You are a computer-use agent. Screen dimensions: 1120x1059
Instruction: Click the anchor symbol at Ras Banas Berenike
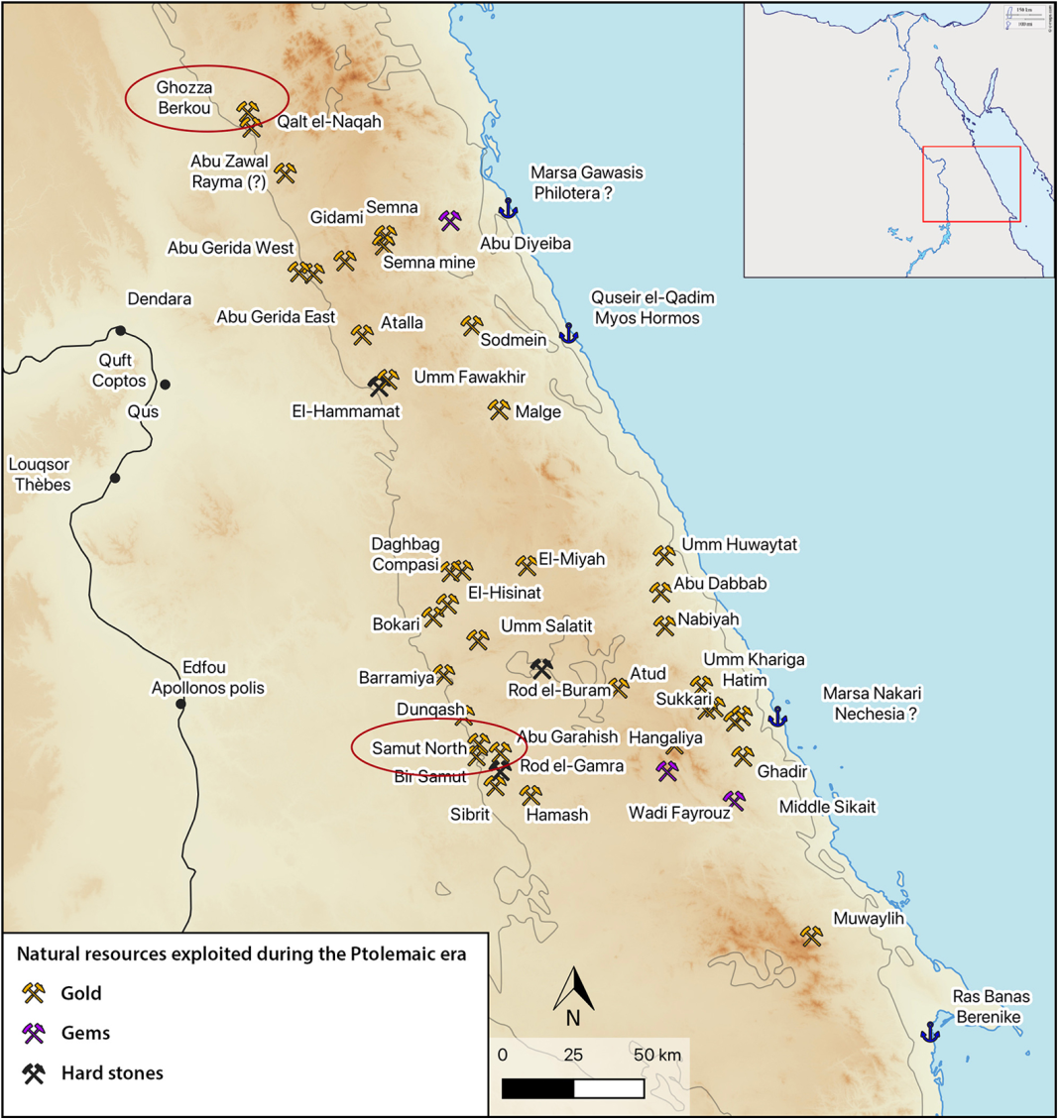(929, 1032)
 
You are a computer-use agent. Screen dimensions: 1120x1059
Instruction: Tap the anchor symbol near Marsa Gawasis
(508, 208)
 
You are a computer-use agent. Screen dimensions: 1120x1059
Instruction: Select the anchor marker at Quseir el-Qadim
(568, 333)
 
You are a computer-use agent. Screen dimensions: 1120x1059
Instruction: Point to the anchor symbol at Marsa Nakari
(777, 716)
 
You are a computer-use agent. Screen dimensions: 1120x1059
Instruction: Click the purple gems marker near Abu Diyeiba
(450, 220)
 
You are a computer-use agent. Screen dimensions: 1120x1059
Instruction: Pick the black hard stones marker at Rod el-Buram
(541, 668)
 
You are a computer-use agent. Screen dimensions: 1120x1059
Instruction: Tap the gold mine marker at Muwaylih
(812, 936)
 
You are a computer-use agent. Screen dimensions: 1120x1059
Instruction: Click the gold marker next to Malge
(499, 408)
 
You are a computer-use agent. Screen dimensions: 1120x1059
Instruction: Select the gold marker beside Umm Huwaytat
(663, 555)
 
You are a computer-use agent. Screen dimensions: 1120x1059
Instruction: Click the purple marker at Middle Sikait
(734, 800)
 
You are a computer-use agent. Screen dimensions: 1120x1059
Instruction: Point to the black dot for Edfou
(180, 705)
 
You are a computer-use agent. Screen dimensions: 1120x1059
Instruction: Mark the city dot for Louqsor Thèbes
(115, 479)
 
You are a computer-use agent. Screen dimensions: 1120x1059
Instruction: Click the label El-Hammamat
(346, 410)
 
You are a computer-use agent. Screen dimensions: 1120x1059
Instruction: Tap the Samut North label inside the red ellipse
(418, 748)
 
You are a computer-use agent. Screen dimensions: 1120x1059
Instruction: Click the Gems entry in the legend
(85, 1033)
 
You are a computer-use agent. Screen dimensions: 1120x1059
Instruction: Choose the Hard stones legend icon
(35, 1073)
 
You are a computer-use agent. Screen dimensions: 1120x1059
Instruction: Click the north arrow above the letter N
(573, 988)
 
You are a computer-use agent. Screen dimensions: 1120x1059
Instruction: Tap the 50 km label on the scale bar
(657, 1055)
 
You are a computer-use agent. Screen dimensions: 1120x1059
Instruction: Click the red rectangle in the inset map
(971, 183)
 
